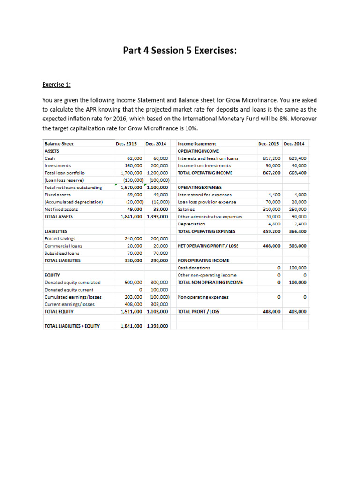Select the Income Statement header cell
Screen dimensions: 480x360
(x=197, y=144)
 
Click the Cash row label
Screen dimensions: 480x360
(x=49, y=158)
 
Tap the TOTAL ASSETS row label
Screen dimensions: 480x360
(x=59, y=217)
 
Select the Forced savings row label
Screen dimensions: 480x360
(x=60, y=239)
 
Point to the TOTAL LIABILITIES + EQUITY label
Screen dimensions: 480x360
(x=72, y=326)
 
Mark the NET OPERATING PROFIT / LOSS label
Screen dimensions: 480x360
(x=208, y=246)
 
